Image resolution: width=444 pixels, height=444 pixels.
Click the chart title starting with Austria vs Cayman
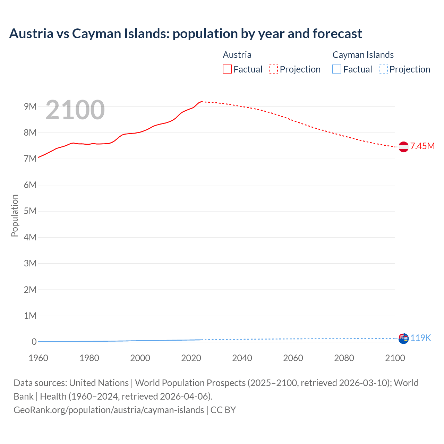[x=186, y=34]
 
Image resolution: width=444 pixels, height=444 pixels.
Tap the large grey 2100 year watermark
[x=75, y=110]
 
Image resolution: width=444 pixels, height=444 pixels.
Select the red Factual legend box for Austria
[x=227, y=69]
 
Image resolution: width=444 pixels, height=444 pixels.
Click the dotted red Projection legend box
[x=273, y=69]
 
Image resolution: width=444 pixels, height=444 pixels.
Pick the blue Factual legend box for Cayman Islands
[x=336, y=69]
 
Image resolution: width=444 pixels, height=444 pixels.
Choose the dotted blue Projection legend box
[x=383, y=69]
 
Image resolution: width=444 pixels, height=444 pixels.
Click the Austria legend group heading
[x=237, y=55]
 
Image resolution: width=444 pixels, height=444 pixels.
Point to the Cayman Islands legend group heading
[x=363, y=55]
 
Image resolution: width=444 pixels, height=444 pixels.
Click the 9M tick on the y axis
[x=30, y=106]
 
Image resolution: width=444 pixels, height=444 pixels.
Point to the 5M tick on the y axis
[x=30, y=211]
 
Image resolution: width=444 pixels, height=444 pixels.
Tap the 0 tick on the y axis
[x=34, y=342]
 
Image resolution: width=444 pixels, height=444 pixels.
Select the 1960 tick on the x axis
[x=38, y=358]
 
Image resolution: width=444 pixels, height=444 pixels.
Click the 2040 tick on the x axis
[x=242, y=358]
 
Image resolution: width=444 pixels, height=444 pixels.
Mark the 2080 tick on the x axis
[x=344, y=358]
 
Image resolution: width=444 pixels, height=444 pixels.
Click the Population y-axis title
[x=15, y=215]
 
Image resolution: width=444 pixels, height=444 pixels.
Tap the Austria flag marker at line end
[x=403, y=147]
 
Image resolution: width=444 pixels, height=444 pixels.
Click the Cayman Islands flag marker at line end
[x=403, y=339]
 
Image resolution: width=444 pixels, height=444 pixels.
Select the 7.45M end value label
[x=422, y=146]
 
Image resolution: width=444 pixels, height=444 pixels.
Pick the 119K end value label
[x=420, y=338]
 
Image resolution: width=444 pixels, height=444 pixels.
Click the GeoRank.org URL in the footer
[x=109, y=410]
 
